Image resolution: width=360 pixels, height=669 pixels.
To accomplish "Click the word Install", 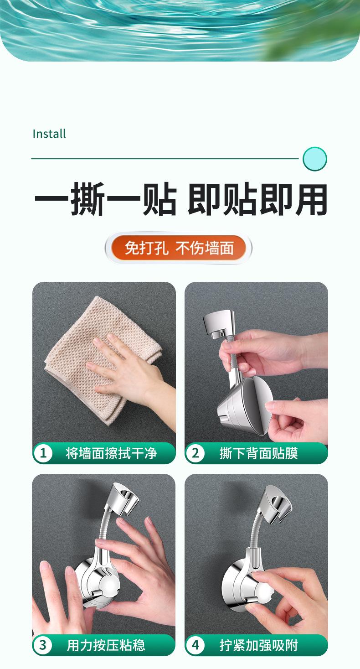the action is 49,134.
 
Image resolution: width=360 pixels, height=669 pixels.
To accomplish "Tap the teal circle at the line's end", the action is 314,159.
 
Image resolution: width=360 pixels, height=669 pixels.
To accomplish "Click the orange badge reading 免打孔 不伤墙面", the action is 179,248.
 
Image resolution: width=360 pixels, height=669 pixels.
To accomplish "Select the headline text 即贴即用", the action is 257,199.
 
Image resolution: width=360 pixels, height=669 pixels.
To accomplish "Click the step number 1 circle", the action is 43,453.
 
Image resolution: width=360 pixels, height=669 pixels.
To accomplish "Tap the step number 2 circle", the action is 195,453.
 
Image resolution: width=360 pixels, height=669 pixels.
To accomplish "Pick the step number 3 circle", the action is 43,645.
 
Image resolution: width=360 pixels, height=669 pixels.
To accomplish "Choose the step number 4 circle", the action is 195,645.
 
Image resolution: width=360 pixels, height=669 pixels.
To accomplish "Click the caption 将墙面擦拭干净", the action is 111,453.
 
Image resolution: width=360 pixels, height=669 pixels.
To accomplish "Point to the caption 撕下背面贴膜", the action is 258,453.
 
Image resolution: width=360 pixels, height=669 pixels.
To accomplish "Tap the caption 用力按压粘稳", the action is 106,645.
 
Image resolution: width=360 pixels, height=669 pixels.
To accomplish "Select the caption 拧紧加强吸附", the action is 258,645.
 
